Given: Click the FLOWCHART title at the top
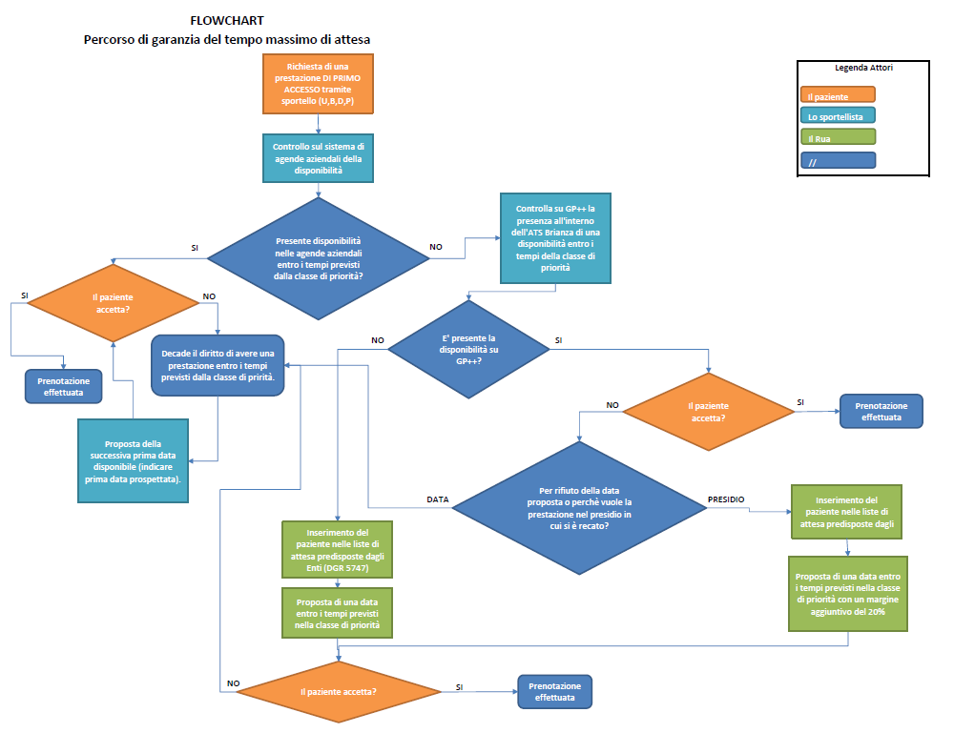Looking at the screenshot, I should click(226, 20).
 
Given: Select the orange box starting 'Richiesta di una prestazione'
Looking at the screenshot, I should click(319, 84).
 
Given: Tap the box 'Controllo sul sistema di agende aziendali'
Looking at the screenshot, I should click(319, 158).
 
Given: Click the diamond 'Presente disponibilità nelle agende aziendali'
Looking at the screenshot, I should click(319, 258).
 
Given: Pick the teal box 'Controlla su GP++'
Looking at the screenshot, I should click(555, 237).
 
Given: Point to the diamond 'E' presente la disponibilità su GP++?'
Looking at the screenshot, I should click(468, 349).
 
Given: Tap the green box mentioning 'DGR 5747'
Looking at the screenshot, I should click(338, 549).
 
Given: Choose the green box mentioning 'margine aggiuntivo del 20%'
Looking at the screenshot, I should click(848, 594).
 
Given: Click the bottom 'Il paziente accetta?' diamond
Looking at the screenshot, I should click(339, 691).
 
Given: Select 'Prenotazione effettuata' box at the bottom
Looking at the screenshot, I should click(554, 691).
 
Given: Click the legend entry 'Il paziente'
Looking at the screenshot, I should click(837, 96).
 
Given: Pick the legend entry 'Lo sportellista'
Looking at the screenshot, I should click(837, 117).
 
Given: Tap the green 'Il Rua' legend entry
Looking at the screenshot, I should click(837, 139).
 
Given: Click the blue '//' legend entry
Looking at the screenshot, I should click(837, 162).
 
